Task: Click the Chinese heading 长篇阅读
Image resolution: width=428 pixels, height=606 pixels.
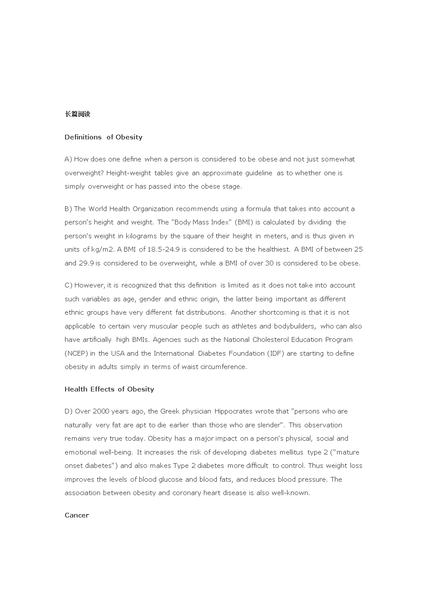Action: (77, 114)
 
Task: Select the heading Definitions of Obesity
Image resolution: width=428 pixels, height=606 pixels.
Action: (103, 137)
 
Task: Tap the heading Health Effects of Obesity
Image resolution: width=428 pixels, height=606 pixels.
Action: (109, 389)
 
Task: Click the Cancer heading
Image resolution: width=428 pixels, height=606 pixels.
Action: (77, 515)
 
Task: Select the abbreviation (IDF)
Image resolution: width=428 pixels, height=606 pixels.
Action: (276, 353)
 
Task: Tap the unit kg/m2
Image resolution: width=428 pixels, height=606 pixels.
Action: (103, 249)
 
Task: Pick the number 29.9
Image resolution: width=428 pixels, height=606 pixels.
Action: (86, 263)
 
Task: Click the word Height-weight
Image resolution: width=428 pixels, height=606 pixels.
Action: (128, 173)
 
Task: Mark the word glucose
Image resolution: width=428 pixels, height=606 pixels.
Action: (171, 480)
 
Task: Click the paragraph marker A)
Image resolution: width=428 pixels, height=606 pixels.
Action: (68, 159)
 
